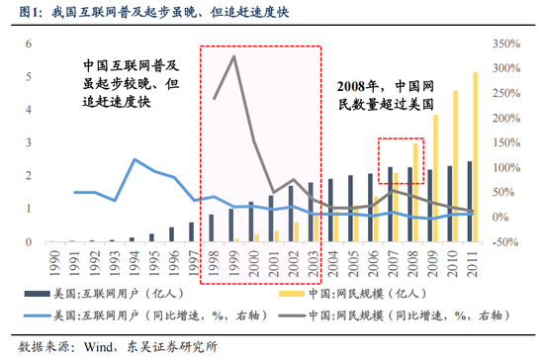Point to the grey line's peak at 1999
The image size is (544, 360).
click(x=233, y=56)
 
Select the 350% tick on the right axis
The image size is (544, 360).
click(x=504, y=44)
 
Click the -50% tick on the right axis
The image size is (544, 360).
click(x=504, y=241)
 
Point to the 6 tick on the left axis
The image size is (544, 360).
click(x=29, y=44)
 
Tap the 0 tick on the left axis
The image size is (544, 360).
click(x=29, y=241)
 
